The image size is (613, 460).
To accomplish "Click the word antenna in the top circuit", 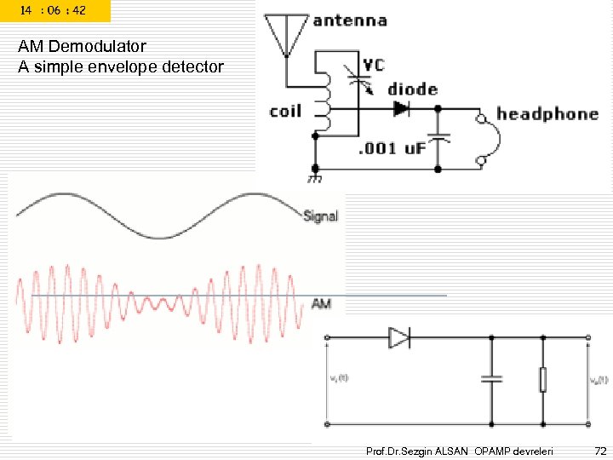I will click(x=350, y=20).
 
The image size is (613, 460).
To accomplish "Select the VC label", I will click(x=373, y=66).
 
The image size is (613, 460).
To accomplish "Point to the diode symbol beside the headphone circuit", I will click(x=400, y=109).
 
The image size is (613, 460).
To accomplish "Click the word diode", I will click(x=412, y=89).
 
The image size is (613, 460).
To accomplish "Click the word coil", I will click(x=285, y=112).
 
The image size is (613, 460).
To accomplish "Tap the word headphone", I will click(x=547, y=113).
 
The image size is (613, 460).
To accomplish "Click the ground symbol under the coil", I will click(x=314, y=178).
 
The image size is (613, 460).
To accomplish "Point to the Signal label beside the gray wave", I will click(x=321, y=216).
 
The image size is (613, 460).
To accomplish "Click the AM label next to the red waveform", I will click(x=321, y=303).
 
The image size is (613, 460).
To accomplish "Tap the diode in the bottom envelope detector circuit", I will click(x=398, y=338).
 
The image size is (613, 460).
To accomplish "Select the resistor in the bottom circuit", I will click(x=542, y=380).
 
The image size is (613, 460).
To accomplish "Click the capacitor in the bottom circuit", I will click(x=491, y=380).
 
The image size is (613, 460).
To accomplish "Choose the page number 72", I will click(x=599, y=449).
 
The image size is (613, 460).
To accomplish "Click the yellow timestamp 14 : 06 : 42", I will click(x=53, y=10).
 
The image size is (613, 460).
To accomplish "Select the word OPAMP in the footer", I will click(x=495, y=449).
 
